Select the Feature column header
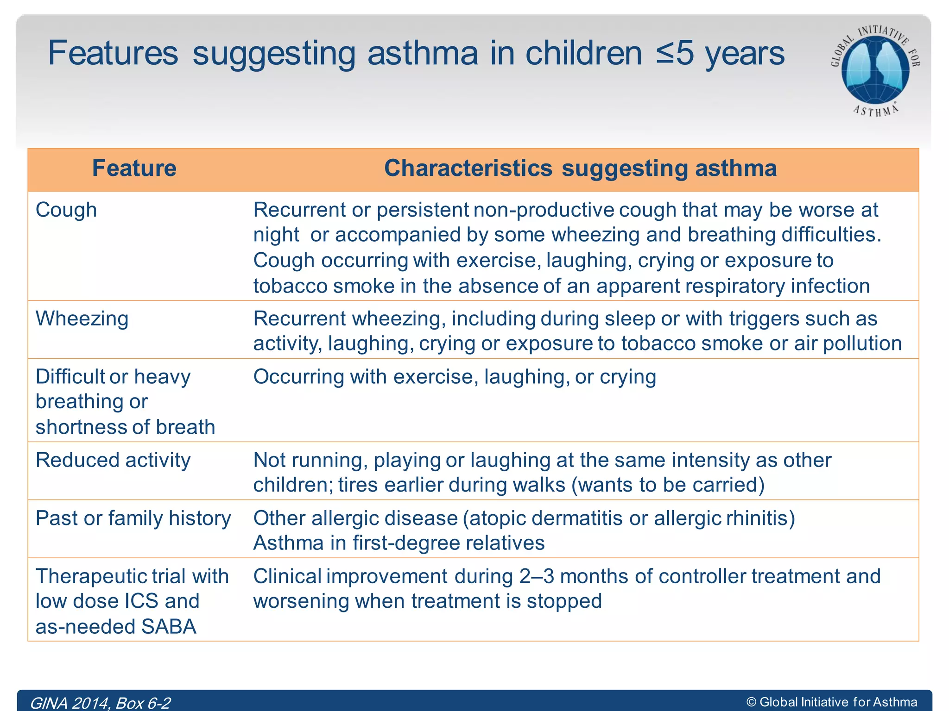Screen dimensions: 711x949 [x=134, y=168]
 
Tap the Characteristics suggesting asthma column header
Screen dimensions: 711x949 [x=580, y=168]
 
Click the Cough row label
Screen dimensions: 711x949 [x=66, y=210]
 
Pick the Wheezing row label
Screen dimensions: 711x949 [x=82, y=318]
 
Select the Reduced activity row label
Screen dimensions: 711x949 [x=113, y=460]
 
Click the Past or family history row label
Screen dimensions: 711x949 [x=133, y=518]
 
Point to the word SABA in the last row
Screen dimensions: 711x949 [x=169, y=626]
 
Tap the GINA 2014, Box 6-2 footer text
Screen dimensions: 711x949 [x=100, y=703]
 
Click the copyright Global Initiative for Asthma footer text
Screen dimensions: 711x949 [x=832, y=702]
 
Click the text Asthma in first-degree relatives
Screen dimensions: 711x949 [x=399, y=543]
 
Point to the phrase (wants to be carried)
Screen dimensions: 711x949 [x=668, y=485]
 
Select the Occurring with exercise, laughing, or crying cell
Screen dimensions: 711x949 [x=454, y=377]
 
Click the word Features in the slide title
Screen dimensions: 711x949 [x=113, y=53]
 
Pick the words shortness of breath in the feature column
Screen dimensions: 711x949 [x=125, y=427]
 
